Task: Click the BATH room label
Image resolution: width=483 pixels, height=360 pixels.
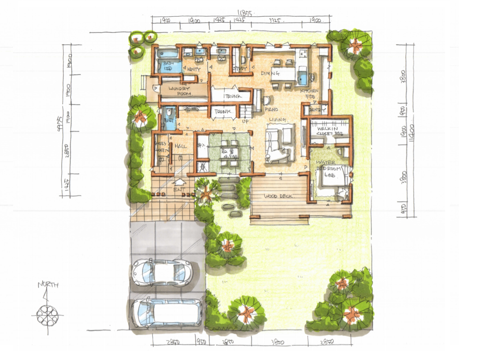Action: (169, 64)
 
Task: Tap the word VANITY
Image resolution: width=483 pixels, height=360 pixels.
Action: (194, 69)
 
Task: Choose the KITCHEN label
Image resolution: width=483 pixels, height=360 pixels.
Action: (309, 91)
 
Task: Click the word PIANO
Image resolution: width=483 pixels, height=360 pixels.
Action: (271, 109)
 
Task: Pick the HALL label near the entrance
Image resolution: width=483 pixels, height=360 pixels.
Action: (181, 146)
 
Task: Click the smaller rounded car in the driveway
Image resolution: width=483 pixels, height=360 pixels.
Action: (162, 272)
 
